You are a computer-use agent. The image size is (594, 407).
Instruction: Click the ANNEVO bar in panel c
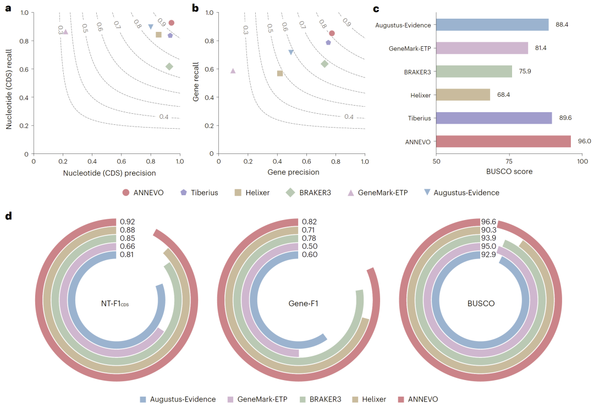point(503,141)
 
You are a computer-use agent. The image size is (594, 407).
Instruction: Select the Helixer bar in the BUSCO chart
point(463,95)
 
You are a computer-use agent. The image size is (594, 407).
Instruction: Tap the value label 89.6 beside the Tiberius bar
point(565,118)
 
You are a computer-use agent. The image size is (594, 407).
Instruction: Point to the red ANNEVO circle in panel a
point(172,23)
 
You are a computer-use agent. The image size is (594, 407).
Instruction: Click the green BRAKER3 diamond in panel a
point(169,67)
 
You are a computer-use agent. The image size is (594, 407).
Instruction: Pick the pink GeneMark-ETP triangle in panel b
point(233,71)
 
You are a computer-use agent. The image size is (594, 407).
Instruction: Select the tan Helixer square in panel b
point(280,73)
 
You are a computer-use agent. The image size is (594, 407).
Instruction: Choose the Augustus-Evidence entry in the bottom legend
point(178,399)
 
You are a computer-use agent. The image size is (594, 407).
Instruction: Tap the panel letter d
point(8,216)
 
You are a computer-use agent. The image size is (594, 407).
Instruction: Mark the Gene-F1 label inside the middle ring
point(304,303)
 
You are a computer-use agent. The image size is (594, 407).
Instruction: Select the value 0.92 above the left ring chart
point(128,222)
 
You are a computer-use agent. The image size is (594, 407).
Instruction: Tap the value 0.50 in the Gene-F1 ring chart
point(309,246)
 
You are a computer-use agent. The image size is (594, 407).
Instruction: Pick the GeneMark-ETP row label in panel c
point(410,48)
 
